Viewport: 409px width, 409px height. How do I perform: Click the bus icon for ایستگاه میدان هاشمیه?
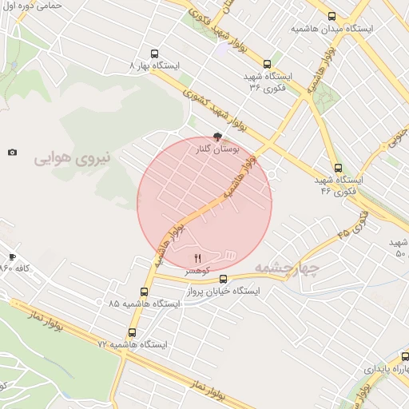332,16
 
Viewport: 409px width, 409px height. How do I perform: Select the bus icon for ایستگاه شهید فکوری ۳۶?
266,65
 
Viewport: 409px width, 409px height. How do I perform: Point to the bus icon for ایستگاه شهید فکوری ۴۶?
338,169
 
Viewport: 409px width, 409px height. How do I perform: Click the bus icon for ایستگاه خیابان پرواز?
223,280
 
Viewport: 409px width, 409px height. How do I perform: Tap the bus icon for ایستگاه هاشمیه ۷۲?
132,332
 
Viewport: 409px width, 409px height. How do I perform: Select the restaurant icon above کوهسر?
197,258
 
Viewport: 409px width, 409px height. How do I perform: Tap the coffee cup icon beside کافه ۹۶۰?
12,256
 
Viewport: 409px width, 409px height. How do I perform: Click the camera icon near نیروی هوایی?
12,152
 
